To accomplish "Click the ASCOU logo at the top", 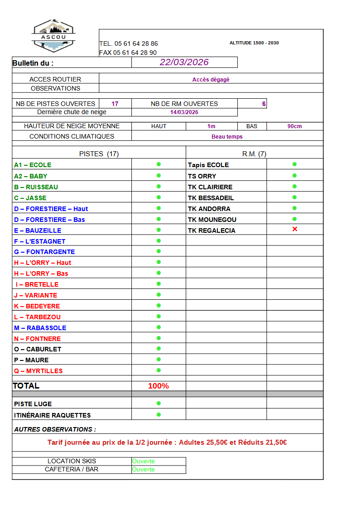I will point(53,34).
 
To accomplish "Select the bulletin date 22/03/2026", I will point(184,62).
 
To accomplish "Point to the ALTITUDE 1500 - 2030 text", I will point(254,43).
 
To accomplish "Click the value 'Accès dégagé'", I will point(211,80).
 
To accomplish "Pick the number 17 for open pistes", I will point(115,104).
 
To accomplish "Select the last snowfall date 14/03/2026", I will point(184,112).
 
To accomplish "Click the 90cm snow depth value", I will point(294,126).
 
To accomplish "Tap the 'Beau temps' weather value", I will point(227,137).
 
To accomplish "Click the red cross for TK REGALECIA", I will point(295,230).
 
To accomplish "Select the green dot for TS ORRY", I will point(294,175).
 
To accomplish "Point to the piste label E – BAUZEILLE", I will point(38,230).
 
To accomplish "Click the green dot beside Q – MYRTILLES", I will point(158,370).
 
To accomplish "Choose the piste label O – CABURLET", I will point(38,349).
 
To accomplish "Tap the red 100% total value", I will point(158,386).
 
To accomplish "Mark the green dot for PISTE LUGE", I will point(158,403).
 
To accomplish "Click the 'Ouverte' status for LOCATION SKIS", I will point(144,461).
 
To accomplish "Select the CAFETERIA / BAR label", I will point(72,470).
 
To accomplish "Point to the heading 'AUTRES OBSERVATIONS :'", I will point(55,429).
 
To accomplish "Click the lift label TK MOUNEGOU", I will point(212,220).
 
